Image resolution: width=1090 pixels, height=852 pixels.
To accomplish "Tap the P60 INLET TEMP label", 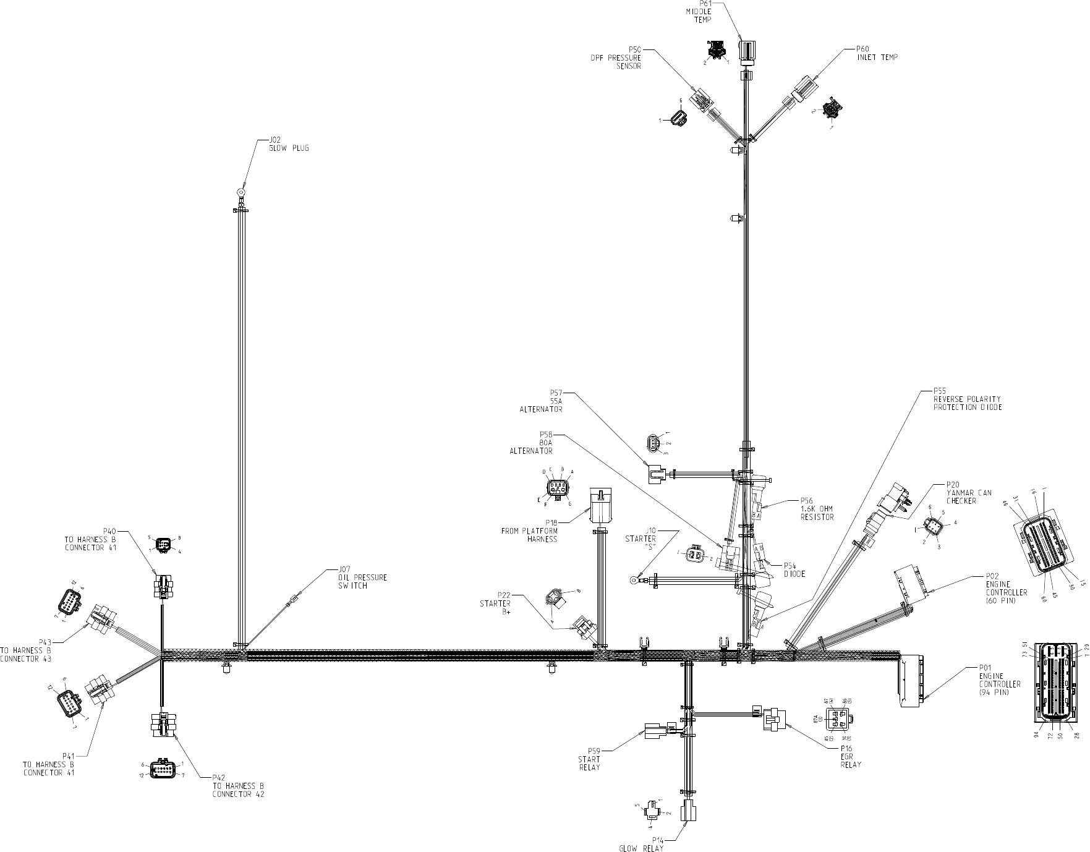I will tap(877, 53).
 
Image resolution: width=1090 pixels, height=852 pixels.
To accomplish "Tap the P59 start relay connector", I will tap(655, 731).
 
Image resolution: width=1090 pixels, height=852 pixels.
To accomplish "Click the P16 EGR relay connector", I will tap(772, 718).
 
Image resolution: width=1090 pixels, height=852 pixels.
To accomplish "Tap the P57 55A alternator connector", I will tap(656, 474).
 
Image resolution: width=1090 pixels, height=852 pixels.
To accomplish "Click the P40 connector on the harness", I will tap(162, 585).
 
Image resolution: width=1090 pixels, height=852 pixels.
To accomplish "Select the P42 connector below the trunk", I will tap(162, 725).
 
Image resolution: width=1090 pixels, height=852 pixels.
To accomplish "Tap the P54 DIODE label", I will tap(794, 569).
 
